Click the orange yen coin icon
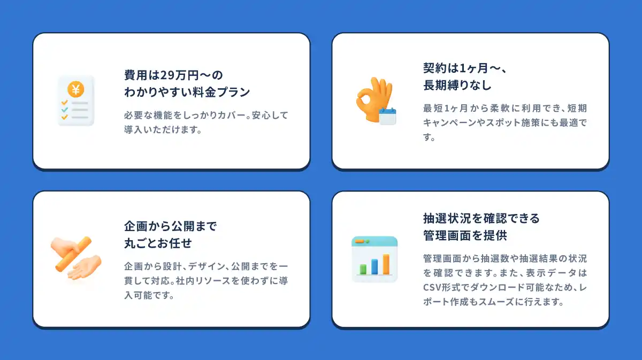coord(75,89)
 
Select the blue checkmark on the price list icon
coord(65,110)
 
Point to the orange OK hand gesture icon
coord(373,99)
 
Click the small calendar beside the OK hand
coord(387,116)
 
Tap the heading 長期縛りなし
coord(457,85)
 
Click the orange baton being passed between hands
coord(73,254)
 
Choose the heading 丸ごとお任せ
coord(158,243)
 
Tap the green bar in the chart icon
coord(363,270)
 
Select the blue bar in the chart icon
coord(374,267)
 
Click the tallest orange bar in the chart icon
coord(386,264)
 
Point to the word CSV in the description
coord(432,287)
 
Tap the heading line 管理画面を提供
coord(465,235)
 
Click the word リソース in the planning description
coord(203,281)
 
